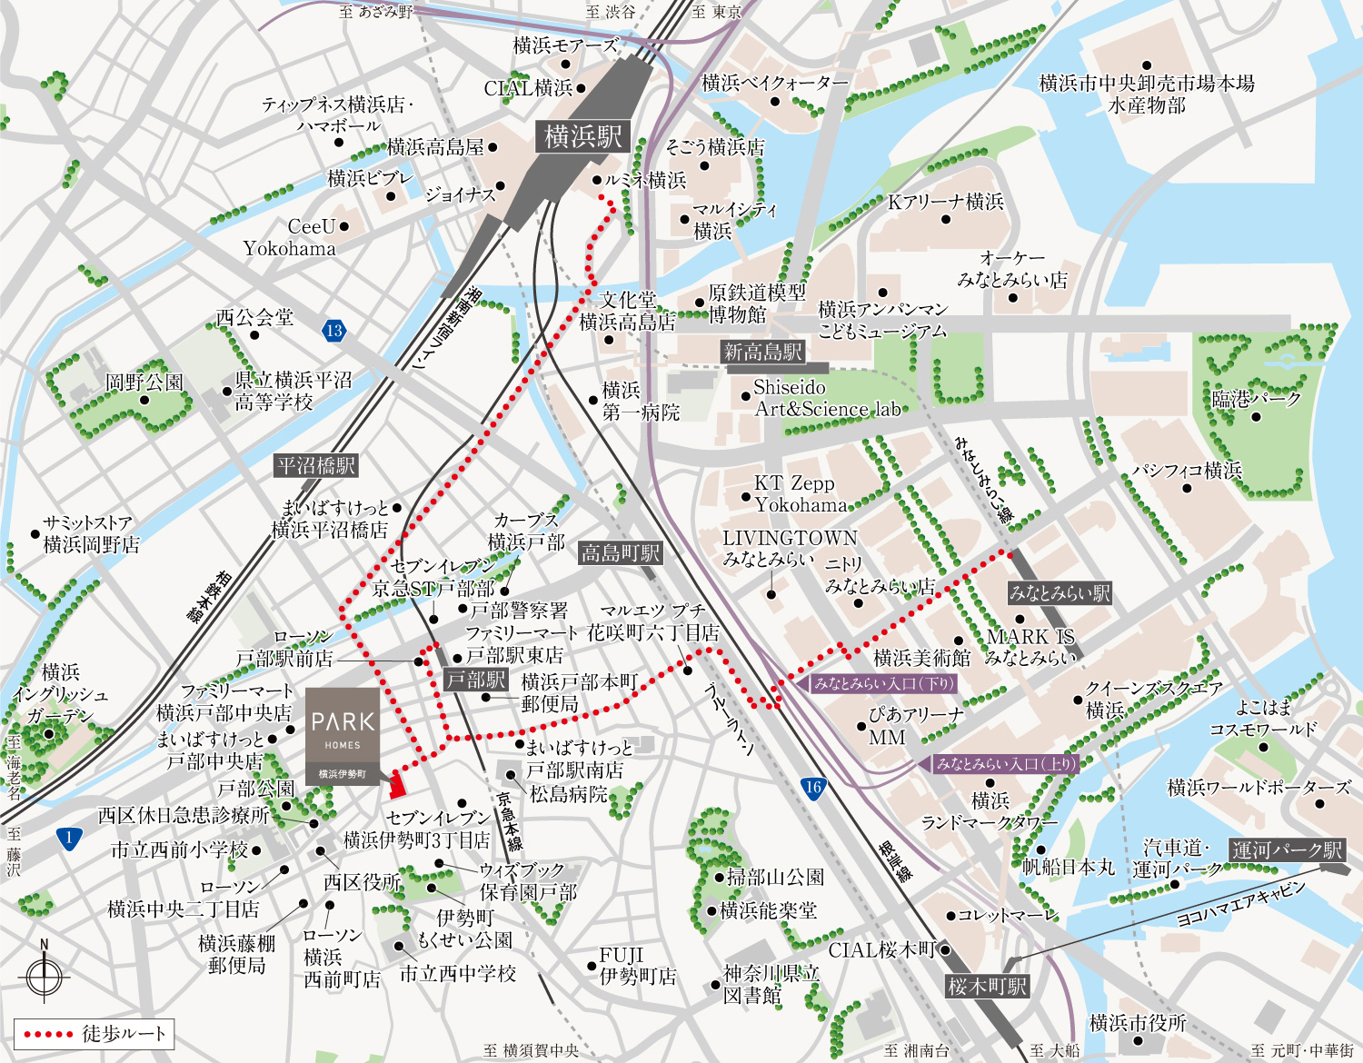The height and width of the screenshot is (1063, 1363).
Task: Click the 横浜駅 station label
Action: point(582,137)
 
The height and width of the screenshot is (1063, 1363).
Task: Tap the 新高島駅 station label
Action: point(762,353)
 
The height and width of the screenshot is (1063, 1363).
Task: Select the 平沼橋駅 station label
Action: point(316,466)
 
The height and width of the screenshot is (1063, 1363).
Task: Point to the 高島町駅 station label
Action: point(621,552)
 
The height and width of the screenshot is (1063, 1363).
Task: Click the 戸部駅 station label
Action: point(476,680)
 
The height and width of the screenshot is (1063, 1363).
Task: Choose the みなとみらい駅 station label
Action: point(1060,593)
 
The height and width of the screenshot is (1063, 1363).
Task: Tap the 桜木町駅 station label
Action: point(987,986)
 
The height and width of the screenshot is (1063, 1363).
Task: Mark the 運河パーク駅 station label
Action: point(1288,850)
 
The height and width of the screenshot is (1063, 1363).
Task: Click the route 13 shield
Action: point(333,331)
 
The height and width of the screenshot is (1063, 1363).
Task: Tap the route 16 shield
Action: point(813,788)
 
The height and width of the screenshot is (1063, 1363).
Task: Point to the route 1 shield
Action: point(69,838)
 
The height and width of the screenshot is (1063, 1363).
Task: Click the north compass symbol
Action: point(44,977)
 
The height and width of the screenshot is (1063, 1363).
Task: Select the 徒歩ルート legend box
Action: point(94,1034)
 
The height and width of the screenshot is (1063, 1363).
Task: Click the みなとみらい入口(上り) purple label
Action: point(1004,764)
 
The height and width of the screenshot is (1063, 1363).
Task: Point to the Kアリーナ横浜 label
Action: point(946,202)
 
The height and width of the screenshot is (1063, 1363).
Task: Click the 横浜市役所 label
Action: point(1138,1022)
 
